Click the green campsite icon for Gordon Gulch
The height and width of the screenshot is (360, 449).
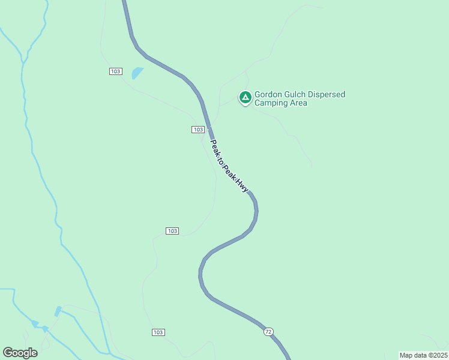(245, 97)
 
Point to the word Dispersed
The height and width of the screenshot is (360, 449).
(328, 94)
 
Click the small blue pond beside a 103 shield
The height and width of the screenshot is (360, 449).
(137, 73)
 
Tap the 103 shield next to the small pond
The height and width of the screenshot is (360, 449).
(116, 71)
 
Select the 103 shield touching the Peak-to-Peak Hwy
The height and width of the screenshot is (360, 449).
(198, 130)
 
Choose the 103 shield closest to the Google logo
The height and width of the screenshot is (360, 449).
(158, 332)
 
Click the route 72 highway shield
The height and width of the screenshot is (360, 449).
(268, 331)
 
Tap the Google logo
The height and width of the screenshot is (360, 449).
(20, 353)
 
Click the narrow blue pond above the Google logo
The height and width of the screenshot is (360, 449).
(58, 311)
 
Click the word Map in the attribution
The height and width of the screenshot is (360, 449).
(406, 355)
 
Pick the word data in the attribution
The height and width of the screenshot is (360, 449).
(420, 355)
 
